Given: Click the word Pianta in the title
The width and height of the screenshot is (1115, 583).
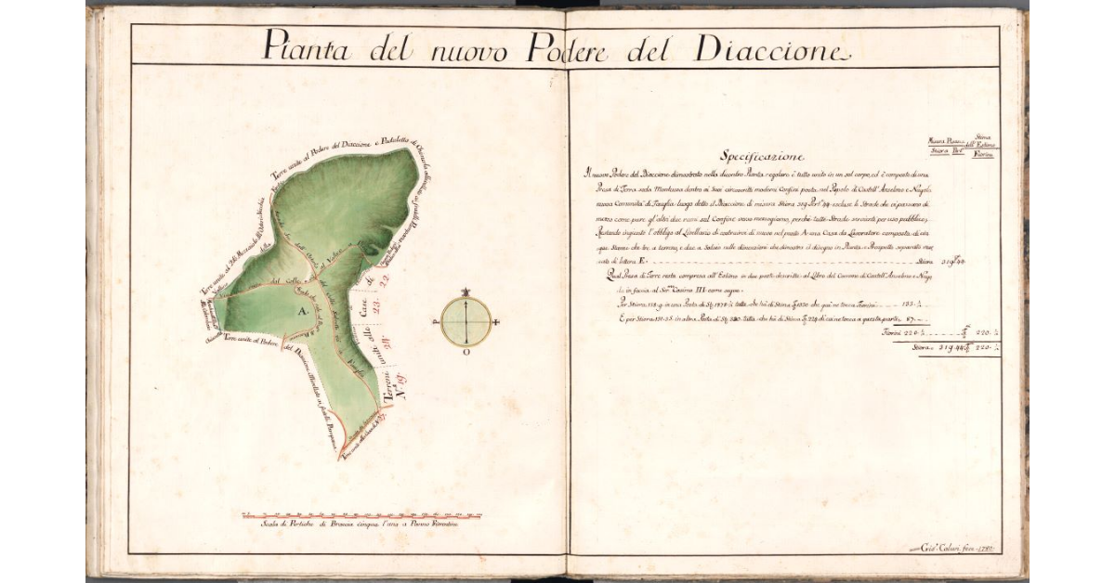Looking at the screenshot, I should click(x=306, y=46).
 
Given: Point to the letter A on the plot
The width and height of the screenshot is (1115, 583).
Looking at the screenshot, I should click(x=301, y=314).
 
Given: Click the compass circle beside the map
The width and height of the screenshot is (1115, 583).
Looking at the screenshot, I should click(x=466, y=320).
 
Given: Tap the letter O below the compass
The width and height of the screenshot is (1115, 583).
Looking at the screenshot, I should click(x=466, y=354).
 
